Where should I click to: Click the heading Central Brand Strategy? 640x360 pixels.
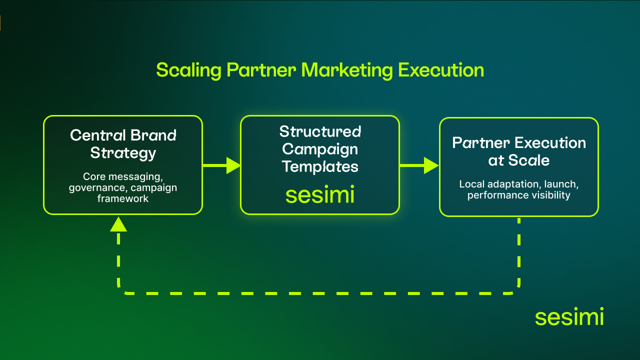click(123, 143)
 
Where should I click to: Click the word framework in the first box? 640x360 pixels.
click(123, 198)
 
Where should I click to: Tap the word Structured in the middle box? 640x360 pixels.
click(320, 132)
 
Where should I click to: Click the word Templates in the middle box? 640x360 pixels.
click(320, 166)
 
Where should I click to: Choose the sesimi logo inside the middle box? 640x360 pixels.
click(320, 194)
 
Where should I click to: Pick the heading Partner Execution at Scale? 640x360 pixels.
click(519, 151)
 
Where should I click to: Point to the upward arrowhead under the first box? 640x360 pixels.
click(118, 224)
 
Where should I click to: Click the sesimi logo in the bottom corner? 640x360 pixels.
click(569, 317)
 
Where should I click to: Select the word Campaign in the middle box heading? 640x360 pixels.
click(320, 149)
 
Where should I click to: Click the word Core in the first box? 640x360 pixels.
click(93, 176)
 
